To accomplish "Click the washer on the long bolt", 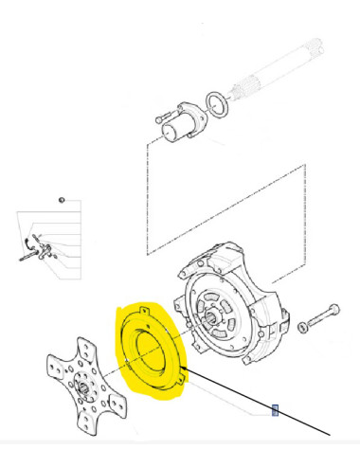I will (303, 327).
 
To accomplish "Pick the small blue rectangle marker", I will (276, 410).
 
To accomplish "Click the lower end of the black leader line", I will (329, 434).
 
